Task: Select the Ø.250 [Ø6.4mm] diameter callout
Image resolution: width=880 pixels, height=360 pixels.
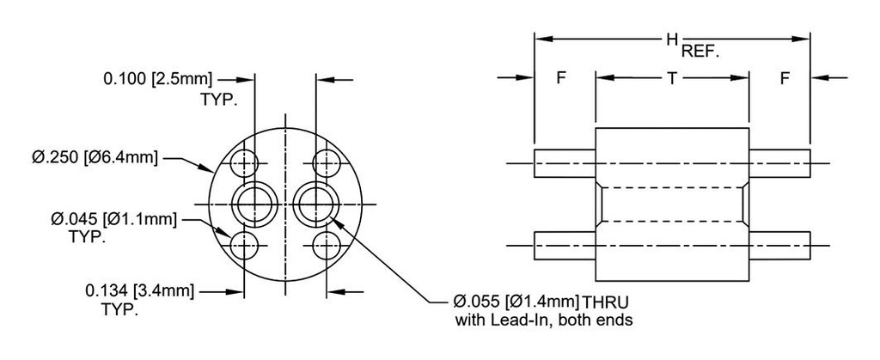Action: coord(95,157)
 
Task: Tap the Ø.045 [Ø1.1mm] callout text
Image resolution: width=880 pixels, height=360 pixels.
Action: coord(114,219)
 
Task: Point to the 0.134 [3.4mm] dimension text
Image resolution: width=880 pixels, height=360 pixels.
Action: coord(140,291)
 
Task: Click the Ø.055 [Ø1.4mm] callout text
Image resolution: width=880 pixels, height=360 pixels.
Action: coord(516,302)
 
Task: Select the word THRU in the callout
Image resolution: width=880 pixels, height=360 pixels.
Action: coord(606,302)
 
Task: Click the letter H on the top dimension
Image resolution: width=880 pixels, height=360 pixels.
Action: coord(672,40)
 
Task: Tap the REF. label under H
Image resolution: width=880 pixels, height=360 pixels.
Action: coord(700,52)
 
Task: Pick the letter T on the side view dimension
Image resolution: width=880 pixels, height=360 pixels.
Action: coord(672,78)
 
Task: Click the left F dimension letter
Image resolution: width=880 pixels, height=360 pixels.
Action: coord(561,78)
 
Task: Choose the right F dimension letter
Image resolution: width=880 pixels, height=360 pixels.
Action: coord(785,78)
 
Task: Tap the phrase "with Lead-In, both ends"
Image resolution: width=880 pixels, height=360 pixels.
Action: coord(543,321)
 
